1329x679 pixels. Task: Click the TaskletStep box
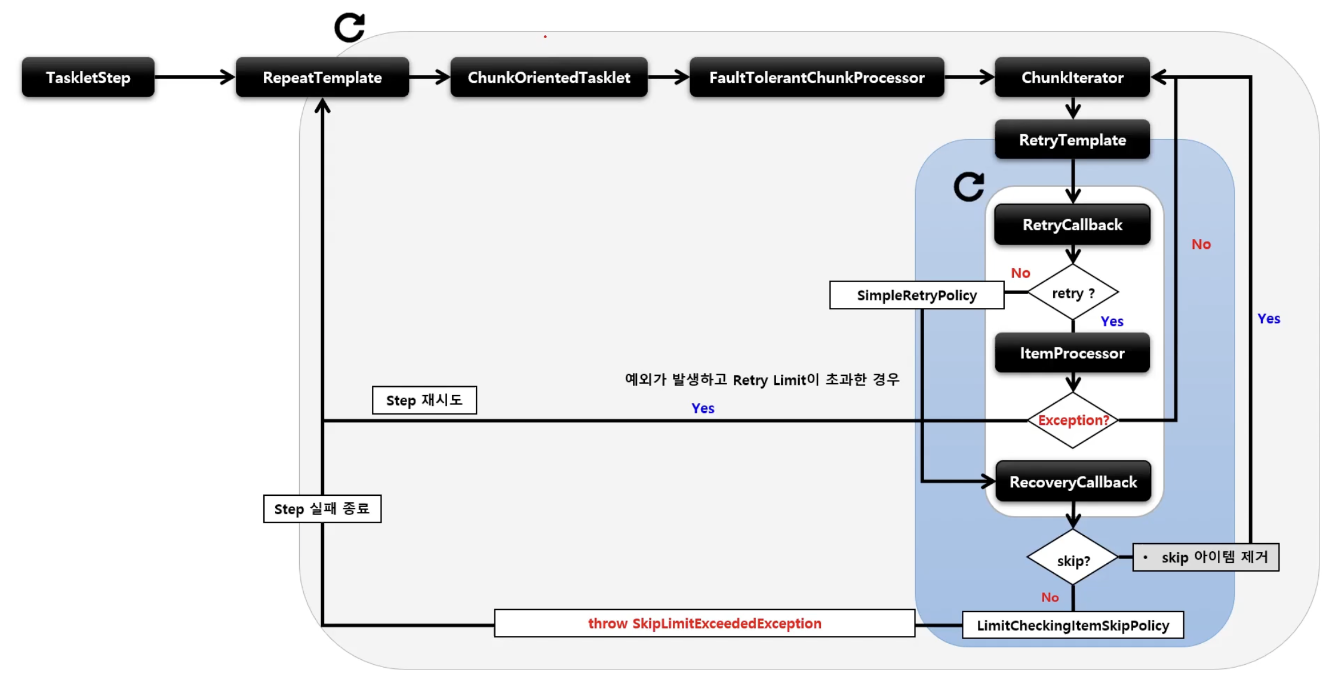(88, 78)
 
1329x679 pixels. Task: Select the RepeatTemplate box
(322, 78)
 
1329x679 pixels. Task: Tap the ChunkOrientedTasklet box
(548, 78)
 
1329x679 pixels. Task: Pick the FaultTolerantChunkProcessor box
(816, 78)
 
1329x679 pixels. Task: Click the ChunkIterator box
(1072, 78)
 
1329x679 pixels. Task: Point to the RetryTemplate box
(1072, 140)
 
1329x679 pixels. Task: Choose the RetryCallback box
(1072, 225)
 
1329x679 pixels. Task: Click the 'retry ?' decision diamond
(1072, 293)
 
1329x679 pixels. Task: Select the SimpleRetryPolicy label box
(916, 295)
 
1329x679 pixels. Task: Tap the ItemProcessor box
(1072, 353)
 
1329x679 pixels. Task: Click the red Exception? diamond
(1072, 420)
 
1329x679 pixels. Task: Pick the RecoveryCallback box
(1073, 482)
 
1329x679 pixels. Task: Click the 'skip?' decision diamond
(1072, 559)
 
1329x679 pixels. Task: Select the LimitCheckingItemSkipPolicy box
(1072, 625)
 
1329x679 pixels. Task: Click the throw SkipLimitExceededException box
(705, 624)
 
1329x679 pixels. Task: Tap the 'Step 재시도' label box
(424, 400)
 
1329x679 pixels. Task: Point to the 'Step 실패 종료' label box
(322, 509)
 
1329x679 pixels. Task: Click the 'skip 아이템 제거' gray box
(1205, 557)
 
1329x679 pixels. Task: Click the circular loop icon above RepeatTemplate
(349, 27)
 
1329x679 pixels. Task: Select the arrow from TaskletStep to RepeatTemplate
(194, 77)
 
